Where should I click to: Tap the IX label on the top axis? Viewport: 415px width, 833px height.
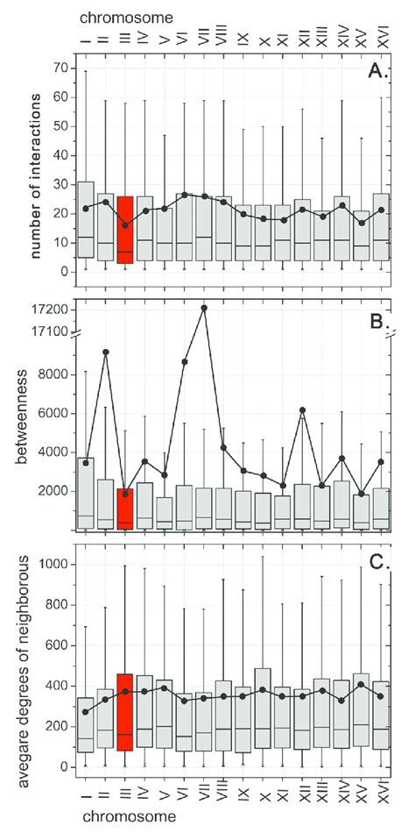pos(243,39)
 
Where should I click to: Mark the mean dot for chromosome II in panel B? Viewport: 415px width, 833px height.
pos(105,352)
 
